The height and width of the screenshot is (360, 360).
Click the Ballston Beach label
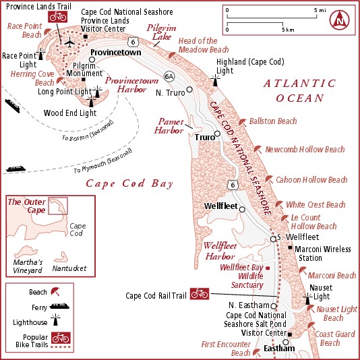tap(273, 121)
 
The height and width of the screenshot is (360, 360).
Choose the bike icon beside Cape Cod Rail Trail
tap(199, 293)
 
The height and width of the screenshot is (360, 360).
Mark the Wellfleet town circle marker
tap(243, 207)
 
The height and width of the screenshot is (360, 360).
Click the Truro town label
tap(204, 137)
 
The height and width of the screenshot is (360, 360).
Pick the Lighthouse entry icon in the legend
tap(60, 323)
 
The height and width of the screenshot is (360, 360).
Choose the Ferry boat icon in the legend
tap(59, 308)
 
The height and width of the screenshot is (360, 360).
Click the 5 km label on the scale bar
tap(288, 30)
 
